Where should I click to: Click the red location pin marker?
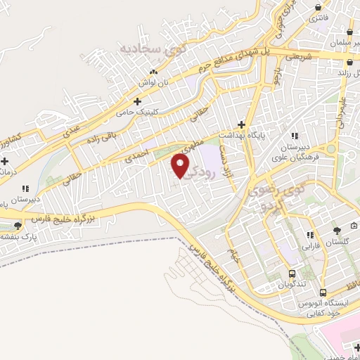[x=181, y=166]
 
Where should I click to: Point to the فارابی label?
[x=310, y=247]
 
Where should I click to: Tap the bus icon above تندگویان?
[x=292, y=274]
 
